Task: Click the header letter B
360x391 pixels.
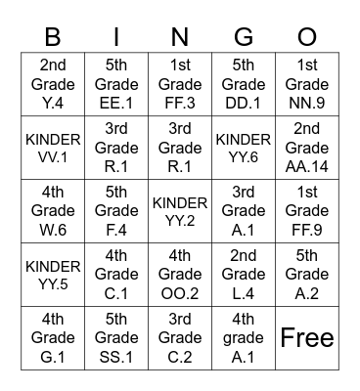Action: [53, 37]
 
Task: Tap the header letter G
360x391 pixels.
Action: [244, 37]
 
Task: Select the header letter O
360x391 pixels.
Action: [307, 37]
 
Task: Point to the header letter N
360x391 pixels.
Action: [180, 37]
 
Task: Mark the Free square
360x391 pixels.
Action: [307, 337]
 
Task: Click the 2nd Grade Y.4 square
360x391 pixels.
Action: [53, 84]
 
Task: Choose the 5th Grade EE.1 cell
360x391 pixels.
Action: [116, 84]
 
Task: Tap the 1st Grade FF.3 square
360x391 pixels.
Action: [180, 84]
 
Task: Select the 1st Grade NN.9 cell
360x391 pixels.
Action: [307, 84]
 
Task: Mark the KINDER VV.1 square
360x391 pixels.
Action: [53, 147]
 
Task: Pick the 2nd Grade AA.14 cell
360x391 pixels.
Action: [307, 147]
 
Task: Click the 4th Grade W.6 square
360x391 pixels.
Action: [53, 210]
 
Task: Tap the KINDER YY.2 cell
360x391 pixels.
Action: [180, 210]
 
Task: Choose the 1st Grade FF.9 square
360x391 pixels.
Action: [307, 210]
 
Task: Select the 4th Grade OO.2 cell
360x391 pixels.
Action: [180, 274]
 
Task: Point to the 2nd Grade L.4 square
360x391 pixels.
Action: [244, 274]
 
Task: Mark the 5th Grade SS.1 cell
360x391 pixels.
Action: [116, 337]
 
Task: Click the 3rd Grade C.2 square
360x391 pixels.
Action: [180, 337]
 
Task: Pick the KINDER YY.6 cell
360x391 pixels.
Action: [244, 147]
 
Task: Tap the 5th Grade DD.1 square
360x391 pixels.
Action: [244, 84]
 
